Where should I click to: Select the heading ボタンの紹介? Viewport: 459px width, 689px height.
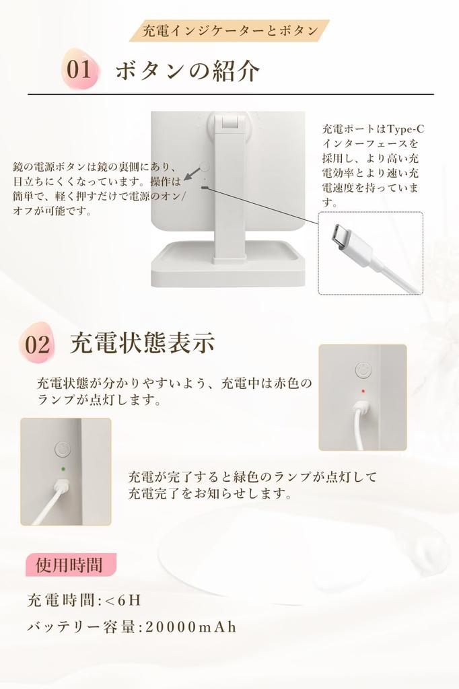[187, 71]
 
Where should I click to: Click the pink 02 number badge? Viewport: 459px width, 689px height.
[38, 344]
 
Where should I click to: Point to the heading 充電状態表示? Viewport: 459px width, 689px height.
[142, 343]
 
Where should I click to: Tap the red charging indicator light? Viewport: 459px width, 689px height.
[362, 390]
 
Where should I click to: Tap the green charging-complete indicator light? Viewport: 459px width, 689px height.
[63, 469]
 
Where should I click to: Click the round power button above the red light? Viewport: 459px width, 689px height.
[362, 371]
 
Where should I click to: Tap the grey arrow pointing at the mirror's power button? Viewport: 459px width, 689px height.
[192, 174]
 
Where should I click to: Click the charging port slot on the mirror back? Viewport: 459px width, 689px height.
[203, 187]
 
